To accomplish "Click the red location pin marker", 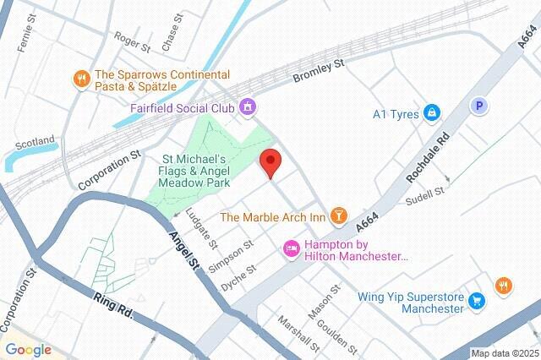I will pyautogui.click(x=270, y=161).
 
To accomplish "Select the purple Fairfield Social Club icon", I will pyautogui.click(x=247, y=107).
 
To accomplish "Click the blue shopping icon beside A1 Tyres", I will pyautogui.click(x=432, y=112).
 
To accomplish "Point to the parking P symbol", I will pyautogui.click(x=479, y=106).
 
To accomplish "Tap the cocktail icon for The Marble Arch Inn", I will pyautogui.click(x=339, y=216).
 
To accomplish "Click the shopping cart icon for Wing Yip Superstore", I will pyautogui.click(x=477, y=300).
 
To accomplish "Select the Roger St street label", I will pyautogui.click(x=131, y=40).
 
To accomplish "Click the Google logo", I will pyautogui.click(x=28, y=349).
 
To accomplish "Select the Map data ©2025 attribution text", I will pyautogui.click(x=504, y=353).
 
